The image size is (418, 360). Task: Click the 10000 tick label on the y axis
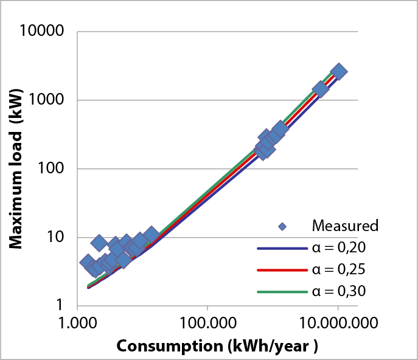44,31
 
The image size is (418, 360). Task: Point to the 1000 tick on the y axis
49,100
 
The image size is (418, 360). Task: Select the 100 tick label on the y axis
55,168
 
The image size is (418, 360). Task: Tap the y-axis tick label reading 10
59,237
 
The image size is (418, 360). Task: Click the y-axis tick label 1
64,306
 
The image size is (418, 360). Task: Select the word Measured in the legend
345,226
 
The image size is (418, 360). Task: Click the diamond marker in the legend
282,226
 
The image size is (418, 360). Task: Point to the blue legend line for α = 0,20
280,248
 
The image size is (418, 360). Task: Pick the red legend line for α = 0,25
280,270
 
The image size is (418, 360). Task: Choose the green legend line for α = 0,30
280,292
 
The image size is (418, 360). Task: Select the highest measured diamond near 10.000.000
339,71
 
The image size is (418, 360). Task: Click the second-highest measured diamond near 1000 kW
321,89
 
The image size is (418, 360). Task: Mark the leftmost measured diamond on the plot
88,262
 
